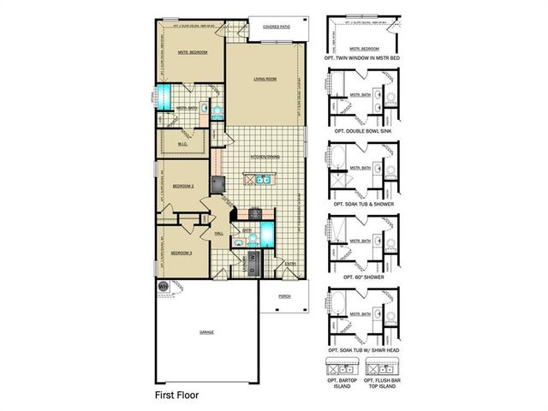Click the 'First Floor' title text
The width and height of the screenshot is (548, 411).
point(178,396)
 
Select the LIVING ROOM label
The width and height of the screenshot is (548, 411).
point(265,79)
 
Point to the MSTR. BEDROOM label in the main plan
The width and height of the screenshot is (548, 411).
point(193,51)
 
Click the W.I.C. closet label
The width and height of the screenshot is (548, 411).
point(182,144)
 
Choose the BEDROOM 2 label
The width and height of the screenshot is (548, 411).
point(183,185)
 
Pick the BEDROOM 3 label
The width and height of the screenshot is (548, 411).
point(180,253)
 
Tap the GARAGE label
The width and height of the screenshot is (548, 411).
point(207,331)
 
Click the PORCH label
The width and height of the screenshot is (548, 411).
point(284,296)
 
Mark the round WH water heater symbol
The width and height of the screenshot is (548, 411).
point(163,285)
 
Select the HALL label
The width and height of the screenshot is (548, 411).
point(218,232)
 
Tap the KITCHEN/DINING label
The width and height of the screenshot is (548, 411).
point(265,158)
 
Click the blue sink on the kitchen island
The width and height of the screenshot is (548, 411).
point(264,180)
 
